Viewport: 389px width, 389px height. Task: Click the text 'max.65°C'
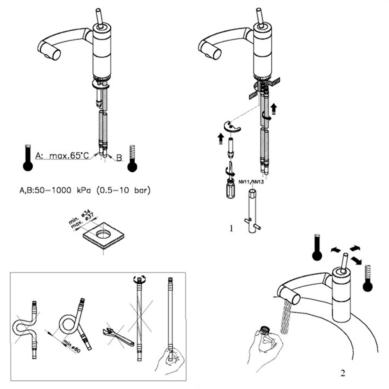[69, 156]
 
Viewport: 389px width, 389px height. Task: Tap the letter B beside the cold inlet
[119, 158]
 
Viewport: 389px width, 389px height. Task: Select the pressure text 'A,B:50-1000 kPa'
[55, 190]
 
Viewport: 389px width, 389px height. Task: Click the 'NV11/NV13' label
[251, 182]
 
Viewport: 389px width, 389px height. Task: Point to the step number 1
[231, 228]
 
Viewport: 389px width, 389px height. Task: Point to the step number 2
[343, 373]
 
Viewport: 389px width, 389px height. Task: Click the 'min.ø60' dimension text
[72, 346]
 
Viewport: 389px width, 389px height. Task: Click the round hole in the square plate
[103, 234]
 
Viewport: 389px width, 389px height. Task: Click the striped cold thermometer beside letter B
[132, 159]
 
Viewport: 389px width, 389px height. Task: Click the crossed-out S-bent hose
[25, 330]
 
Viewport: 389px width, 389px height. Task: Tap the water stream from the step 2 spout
[286, 316]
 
